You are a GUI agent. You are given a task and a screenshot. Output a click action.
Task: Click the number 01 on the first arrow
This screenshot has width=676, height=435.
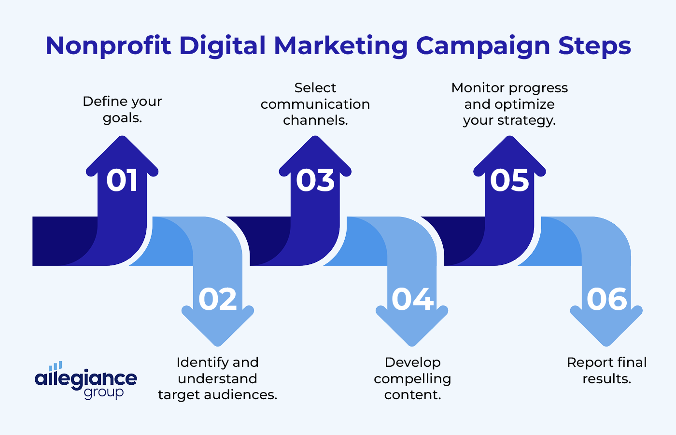pyautogui.click(x=122, y=181)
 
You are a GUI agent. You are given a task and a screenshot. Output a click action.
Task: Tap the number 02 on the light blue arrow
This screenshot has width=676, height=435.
pyautogui.click(x=218, y=299)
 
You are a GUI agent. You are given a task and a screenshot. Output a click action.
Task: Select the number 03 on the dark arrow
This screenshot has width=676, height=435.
pyautogui.click(x=315, y=181)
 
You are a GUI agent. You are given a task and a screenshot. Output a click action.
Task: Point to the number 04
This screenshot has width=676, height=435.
pyautogui.click(x=412, y=299)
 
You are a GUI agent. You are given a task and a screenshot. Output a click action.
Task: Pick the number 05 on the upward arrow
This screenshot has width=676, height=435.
pyautogui.click(x=509, y=181)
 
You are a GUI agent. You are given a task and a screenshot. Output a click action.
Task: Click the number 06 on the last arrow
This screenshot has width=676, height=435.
pyautogui.click(x=607, y=299)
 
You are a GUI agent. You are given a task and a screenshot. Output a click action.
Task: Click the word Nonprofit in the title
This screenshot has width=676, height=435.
pyautogui.click(x=108, y=46)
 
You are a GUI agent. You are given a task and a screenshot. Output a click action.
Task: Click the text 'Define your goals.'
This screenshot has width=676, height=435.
pyautogui.click(x=122, y=109)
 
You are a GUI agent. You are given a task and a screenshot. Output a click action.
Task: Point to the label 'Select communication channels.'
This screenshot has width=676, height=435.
pyautogui.click(x=315, y=104)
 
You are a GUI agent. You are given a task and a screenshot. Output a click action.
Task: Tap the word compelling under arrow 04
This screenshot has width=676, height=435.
pyautogui.click(x=412, y=379)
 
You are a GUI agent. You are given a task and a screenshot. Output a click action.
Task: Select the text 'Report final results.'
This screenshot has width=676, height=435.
pyautogui.click(x=606, y=370)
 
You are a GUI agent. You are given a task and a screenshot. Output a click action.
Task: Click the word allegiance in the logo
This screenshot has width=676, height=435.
pyautogui.click(x=86, y=378)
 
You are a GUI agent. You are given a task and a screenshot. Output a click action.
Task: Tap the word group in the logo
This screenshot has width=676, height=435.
pyautogui.click(x=104, y=392)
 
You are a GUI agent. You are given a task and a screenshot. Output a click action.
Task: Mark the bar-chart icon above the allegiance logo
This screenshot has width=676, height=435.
pyautogui.click(x=56, y=366)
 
